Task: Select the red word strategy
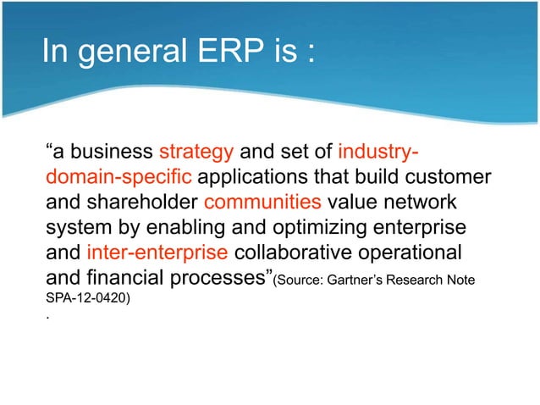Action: coord(196,153)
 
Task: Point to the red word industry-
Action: coord(377,153)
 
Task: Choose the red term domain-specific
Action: coord(118,179)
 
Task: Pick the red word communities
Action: coord(263,203)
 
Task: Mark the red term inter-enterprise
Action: coord(157,253)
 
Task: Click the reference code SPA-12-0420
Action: coord(87,298)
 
